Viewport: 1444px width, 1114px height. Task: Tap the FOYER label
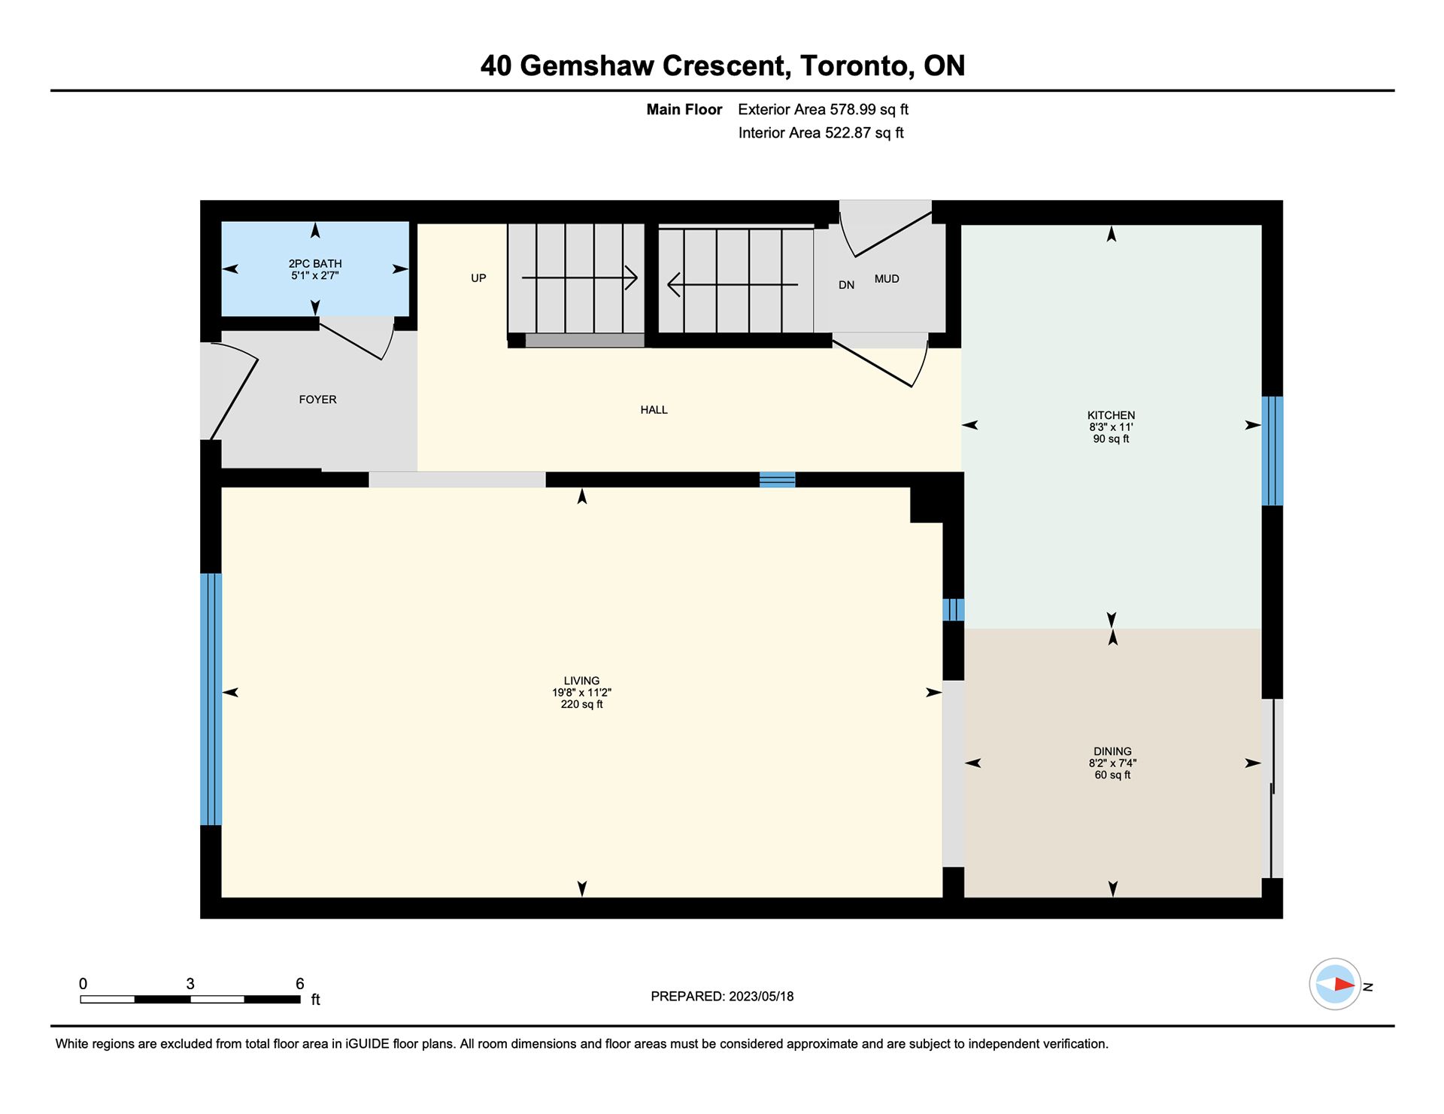coord(317,399)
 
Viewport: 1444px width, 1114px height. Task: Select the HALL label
coord(654,410)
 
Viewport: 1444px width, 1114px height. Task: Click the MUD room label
coord(887,279)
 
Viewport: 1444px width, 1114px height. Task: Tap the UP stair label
coord(478,278)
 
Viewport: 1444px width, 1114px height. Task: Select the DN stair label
coord(846,285)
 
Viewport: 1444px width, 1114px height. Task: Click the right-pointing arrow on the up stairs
coord(580,278)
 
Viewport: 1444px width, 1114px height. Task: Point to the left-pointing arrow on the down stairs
coord(733,284)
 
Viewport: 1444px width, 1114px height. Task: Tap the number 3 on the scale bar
coord(190,984)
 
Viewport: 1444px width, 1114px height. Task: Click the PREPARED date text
coord(722,997)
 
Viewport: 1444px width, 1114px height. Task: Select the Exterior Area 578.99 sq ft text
coord(823,110)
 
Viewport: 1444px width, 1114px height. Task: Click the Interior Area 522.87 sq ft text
coord(821,133)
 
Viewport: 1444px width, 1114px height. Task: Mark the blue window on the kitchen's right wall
coord(1273,451)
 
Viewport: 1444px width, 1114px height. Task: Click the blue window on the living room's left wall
coord(211,700)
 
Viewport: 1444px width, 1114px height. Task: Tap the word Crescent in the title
coord(726,66)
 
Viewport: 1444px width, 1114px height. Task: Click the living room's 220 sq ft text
coord(581,705)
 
